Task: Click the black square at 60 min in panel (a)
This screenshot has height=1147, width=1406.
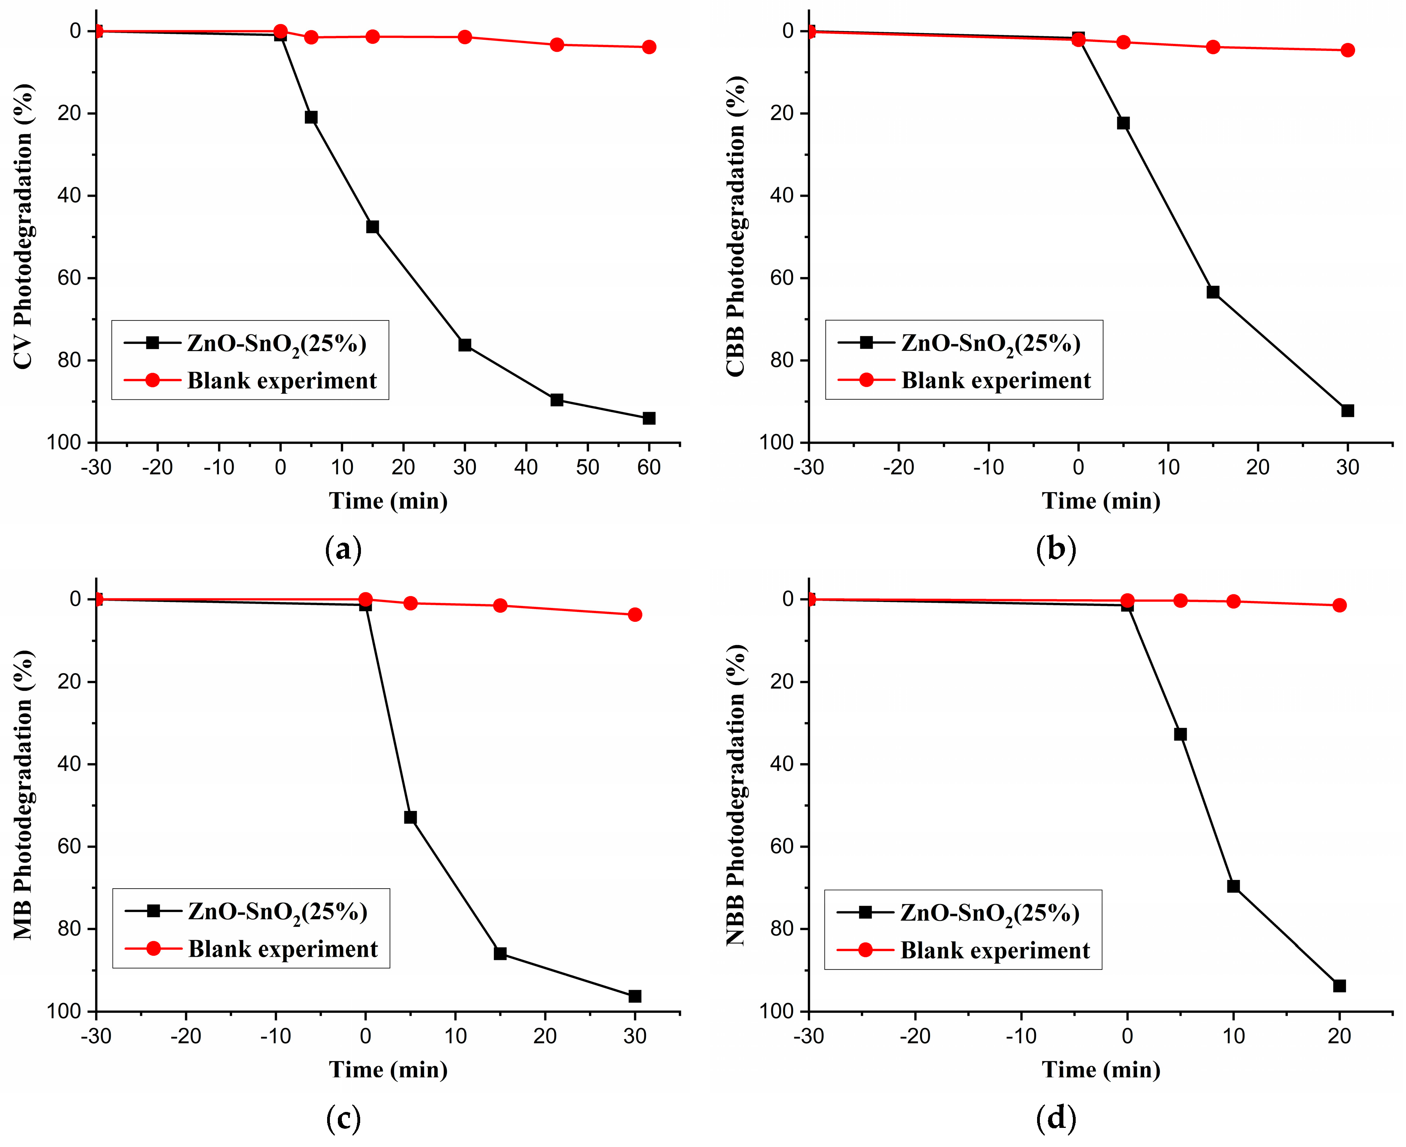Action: (649, 418)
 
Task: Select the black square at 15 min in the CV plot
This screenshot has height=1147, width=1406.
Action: (372, 227)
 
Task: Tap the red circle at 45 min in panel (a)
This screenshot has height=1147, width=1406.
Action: (557, 45)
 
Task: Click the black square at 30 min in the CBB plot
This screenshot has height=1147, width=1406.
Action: (1347, 410)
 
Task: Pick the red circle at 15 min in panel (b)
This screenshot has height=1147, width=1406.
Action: (1213, 47)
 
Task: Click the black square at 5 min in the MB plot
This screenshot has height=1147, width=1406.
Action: (410, 817)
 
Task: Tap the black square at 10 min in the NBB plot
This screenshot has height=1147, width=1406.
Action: (1233, 886)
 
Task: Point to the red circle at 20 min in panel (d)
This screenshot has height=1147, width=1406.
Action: (1339, 605)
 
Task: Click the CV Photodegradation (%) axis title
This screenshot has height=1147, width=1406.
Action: (23, 226)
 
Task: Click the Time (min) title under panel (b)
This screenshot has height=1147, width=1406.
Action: (1101, 501)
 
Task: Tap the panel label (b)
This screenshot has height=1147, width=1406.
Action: (1056, 549)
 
